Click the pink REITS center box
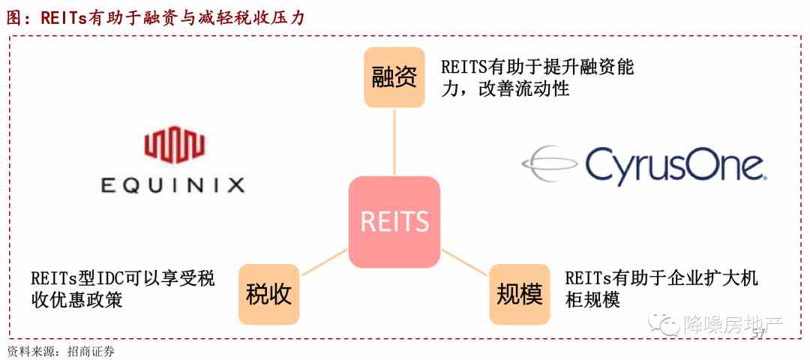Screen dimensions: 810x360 pyautogui.click(x=394, y=221)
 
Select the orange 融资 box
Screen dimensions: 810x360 pyautogui.click(x=394, y=77)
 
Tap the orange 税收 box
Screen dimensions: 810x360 pyautogui.click(x=268, y=295)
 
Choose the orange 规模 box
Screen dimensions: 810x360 pyautogui.click(x=520, y=295)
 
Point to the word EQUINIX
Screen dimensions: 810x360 pyautogui.click(x=173, y=185)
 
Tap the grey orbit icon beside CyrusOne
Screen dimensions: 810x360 pyautogui.click(x=550, y=164)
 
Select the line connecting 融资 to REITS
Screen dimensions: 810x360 pyautogui.click(x=394, y=142)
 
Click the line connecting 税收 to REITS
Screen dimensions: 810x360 pyautogui.click(x=324, y=261)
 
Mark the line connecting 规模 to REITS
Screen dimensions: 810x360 pyautogui.click(x=465, y=261)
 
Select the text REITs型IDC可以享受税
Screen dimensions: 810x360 pyautogui.click(x=123, y=278)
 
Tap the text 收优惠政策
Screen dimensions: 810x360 pyautogui.click(x=77, y=300)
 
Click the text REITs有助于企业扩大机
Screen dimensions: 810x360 pyautogui.click(x=661, y=278)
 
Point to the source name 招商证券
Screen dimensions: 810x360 pyautogui.click(x=91, y=352)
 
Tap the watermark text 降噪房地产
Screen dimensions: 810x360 pyautogui.click(x=733, y=324)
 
